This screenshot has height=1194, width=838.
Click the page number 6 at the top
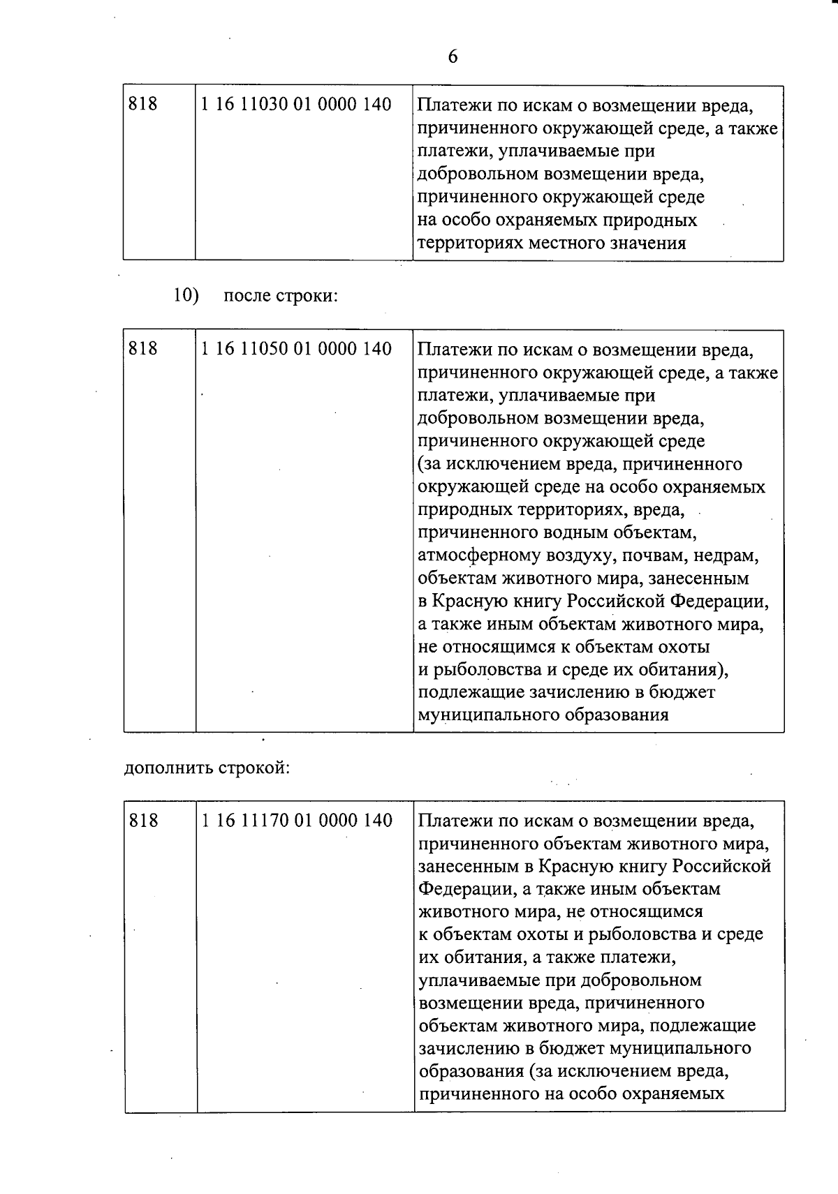[453, 57]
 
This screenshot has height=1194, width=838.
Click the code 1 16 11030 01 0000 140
[295, 105]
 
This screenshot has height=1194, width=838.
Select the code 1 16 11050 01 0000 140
[296, 349]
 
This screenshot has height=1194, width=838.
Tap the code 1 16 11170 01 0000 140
[297, 820]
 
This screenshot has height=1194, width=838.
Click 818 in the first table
[143, 105]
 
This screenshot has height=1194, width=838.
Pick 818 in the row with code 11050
[143, 349]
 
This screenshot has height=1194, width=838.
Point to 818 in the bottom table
[144, 820]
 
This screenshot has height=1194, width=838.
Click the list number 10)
[186, 295]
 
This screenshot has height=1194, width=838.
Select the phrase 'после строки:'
[281, 296]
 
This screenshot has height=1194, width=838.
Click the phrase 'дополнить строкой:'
[207, 768]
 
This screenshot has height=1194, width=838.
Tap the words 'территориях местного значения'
[552, 244]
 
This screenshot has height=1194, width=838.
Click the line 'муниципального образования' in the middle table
[543, 715]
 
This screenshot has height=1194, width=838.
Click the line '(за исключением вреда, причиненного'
[580, 464]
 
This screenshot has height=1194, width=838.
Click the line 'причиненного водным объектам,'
[557, 532]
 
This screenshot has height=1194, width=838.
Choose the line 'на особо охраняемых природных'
[557, 221]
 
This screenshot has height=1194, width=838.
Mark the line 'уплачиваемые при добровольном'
[559, 980]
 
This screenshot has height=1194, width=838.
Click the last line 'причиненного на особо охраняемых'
[571, 1094]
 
